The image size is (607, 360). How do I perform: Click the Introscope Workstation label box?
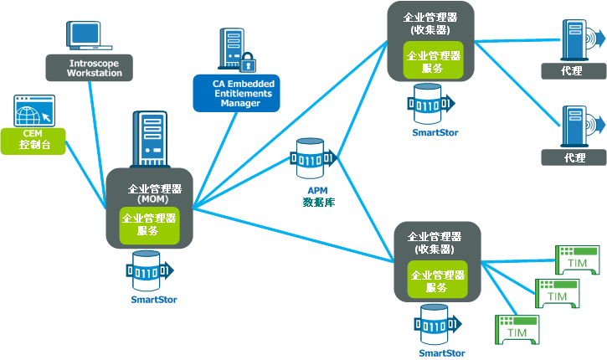coord(95,67)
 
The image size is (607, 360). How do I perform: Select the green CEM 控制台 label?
coord(34,140)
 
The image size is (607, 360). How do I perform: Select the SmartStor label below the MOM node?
coord(154,299)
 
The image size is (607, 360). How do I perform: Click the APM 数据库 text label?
coord(318,196)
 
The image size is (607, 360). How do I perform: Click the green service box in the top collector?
coord(432,62)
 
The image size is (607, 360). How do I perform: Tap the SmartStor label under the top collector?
coord(435,132)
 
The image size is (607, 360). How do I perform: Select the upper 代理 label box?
coord(574,70)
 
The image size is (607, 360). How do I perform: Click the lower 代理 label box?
coord(574,157)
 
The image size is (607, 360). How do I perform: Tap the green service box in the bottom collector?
coord(436,280)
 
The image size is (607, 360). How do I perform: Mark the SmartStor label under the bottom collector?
coord(442,353)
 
